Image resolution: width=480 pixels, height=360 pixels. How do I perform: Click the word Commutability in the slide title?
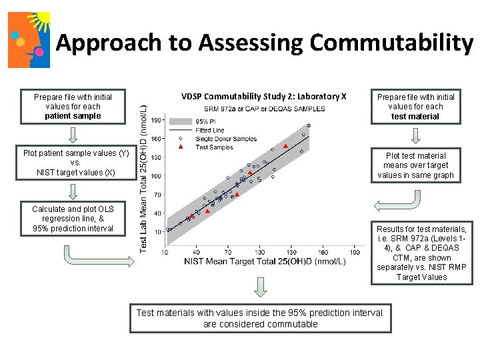coord(391,43)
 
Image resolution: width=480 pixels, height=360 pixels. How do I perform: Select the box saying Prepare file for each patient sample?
coord(73,106)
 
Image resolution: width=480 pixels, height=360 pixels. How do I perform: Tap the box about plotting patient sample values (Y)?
coord(75,163)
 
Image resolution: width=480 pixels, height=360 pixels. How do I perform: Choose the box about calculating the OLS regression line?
coord(73,219)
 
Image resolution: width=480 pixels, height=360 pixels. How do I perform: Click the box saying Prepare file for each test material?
coord(415,106)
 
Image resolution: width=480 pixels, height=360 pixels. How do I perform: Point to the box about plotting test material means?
coord(415,165)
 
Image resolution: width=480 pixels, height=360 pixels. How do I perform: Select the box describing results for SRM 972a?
coord(421,253)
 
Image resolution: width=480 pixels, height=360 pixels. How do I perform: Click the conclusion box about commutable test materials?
coord(260,318)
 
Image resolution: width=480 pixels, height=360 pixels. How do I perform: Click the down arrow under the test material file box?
coord(415,135)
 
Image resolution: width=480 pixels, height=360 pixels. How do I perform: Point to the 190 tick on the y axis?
coord(155,121)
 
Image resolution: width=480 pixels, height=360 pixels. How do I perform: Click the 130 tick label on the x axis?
coord(291,252)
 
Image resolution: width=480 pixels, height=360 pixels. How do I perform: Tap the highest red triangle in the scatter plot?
coord(285,146)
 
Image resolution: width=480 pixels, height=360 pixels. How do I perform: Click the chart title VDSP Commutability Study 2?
coord(263,96)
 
